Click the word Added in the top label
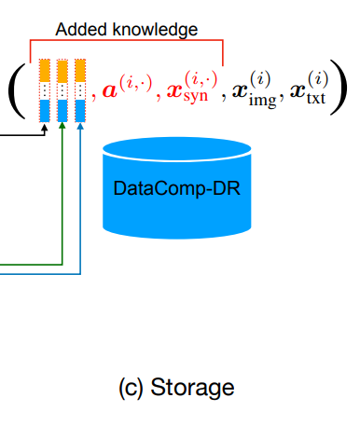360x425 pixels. [x=81, y=30]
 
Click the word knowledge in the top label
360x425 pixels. [x=155, y=31]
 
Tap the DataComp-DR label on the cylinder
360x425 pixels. [x=177, y=188]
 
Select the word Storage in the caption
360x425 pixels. [x=192, y=388]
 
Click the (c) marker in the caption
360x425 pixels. [x=131, y=388]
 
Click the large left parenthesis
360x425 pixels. [x=16, y=90]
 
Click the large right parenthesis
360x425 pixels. [x=339, y=88]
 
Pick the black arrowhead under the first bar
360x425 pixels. [x=45, y=127]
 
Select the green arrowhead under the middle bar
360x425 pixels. [x=62, y=126]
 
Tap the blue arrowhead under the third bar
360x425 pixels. [x=80, y=126]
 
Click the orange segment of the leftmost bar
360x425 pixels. [x=45, y=71]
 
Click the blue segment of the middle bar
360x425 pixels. [x=62, y=111]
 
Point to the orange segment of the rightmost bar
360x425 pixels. [x=80, y=71]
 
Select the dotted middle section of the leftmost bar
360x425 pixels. [x=45, y=91]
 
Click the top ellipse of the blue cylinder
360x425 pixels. [x=177, y=149]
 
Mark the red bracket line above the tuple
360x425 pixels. [x=127, y=40]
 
